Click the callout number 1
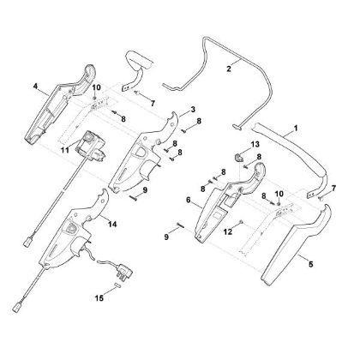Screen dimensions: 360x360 (x=296, y=128)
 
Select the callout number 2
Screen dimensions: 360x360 (x=229, y=69)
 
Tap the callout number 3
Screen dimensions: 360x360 (x=193, y=110)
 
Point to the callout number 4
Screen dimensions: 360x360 (x=35, y=86)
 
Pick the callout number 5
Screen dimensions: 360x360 (x=311, y=264)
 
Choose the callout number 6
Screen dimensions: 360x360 (x=188, y=200)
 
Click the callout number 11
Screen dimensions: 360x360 (x=65, y=150)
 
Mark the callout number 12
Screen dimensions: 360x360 (x=228, y=232)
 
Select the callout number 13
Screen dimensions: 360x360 (x=255, y=144)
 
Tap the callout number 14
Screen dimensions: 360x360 (x=112, y=225)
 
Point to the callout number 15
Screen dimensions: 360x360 (x=99, y=298)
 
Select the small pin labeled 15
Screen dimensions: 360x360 (x=117, y=285)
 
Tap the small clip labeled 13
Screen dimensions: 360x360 (x=238, y=157)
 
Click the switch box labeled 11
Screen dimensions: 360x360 (x=90, y=147)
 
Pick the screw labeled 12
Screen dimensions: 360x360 (x=242, y=222)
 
